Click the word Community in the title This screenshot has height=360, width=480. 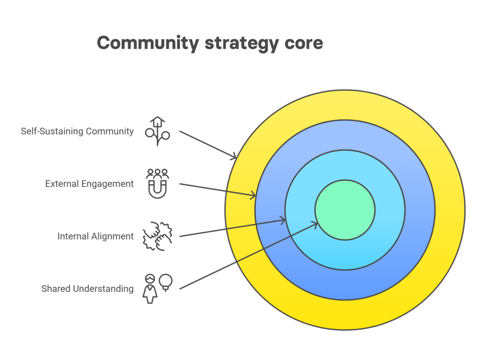pyautogui.click(x=148, y=43)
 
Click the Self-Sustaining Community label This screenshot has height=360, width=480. pyautogui.click(x=77, y=131)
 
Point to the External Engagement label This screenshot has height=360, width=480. pyautogui.click(x=90, y=184)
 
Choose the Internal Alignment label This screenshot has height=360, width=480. pyautogui.click(x=96, y=236)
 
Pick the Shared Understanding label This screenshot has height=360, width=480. pyautogui.click(x=88, y=289)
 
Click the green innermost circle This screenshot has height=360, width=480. pyautogui.click(x=345, y=210)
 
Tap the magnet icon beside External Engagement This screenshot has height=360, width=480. pyautogui.click(x=157, y=189)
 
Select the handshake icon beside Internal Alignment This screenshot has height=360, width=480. pyautogui.click(x=157, y=236)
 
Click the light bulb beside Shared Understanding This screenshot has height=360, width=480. pyautogui.click(x=165, y=282)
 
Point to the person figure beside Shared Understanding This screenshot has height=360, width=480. pyautogui.click(x=150, y=289)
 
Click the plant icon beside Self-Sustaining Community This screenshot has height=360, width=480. pyautogui.click(x=157, y=131)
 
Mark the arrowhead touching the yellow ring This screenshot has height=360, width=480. pyautogui.click(x=233, y=156)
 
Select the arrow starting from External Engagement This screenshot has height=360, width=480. pyautogui.click(x=217, y=190)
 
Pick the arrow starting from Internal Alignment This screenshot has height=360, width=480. pyautogui.click(x=232, y=228)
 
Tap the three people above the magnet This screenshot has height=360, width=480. pyautogui.click(x=157, y=173)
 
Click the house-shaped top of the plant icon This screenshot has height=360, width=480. pyautogui.click(x=157, y=121)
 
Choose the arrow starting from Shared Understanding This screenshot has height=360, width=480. pyautogui.click(x=249, y=256)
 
